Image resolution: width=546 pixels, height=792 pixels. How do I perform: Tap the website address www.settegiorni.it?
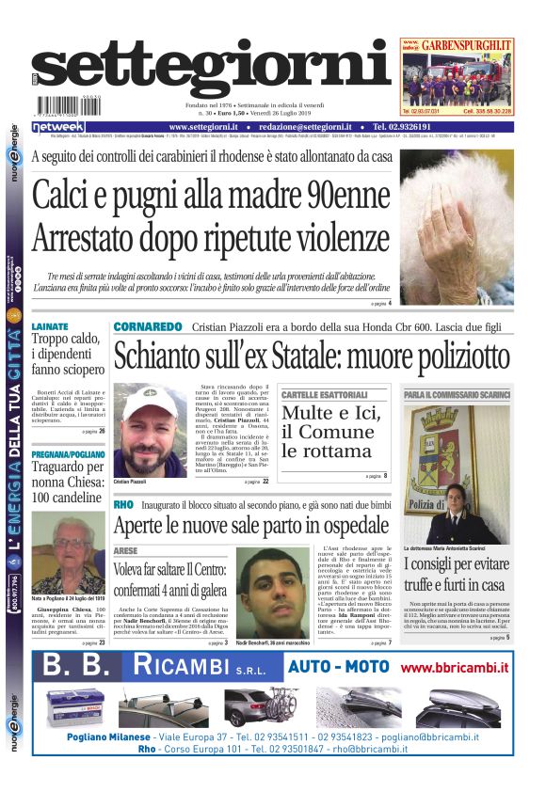(207, 127)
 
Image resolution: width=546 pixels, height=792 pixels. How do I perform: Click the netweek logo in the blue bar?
(58, 127)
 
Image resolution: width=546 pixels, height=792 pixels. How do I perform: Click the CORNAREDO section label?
(148, 326)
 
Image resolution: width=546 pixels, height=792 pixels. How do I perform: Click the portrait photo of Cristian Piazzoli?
(151, 428)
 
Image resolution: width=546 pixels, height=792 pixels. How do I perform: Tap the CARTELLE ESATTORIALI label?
(325, 394)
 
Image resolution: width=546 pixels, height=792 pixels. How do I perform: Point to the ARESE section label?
(125, 549)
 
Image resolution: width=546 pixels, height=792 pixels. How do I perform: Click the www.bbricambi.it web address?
(454, 667)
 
